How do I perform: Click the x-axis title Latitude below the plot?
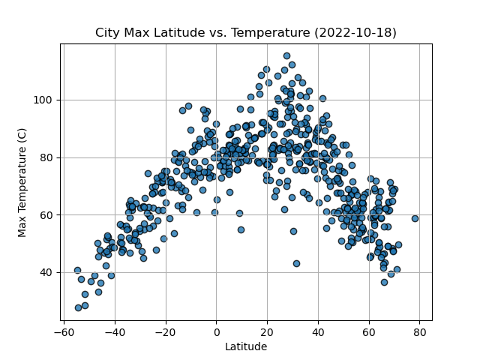point(246,346)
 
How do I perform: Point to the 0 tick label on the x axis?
point(216,331)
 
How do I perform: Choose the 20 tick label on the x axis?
point(267,331)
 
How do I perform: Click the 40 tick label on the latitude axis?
point(318,331)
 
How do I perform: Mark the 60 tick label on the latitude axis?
point(368,331)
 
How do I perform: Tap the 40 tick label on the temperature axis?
point(46,272)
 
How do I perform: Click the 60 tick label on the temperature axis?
point(46,215)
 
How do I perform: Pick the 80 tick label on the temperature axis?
point(46,157)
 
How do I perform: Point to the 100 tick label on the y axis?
point(43,100)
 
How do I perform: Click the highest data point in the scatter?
point(286,55)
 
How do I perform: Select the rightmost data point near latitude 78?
point(415,218)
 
